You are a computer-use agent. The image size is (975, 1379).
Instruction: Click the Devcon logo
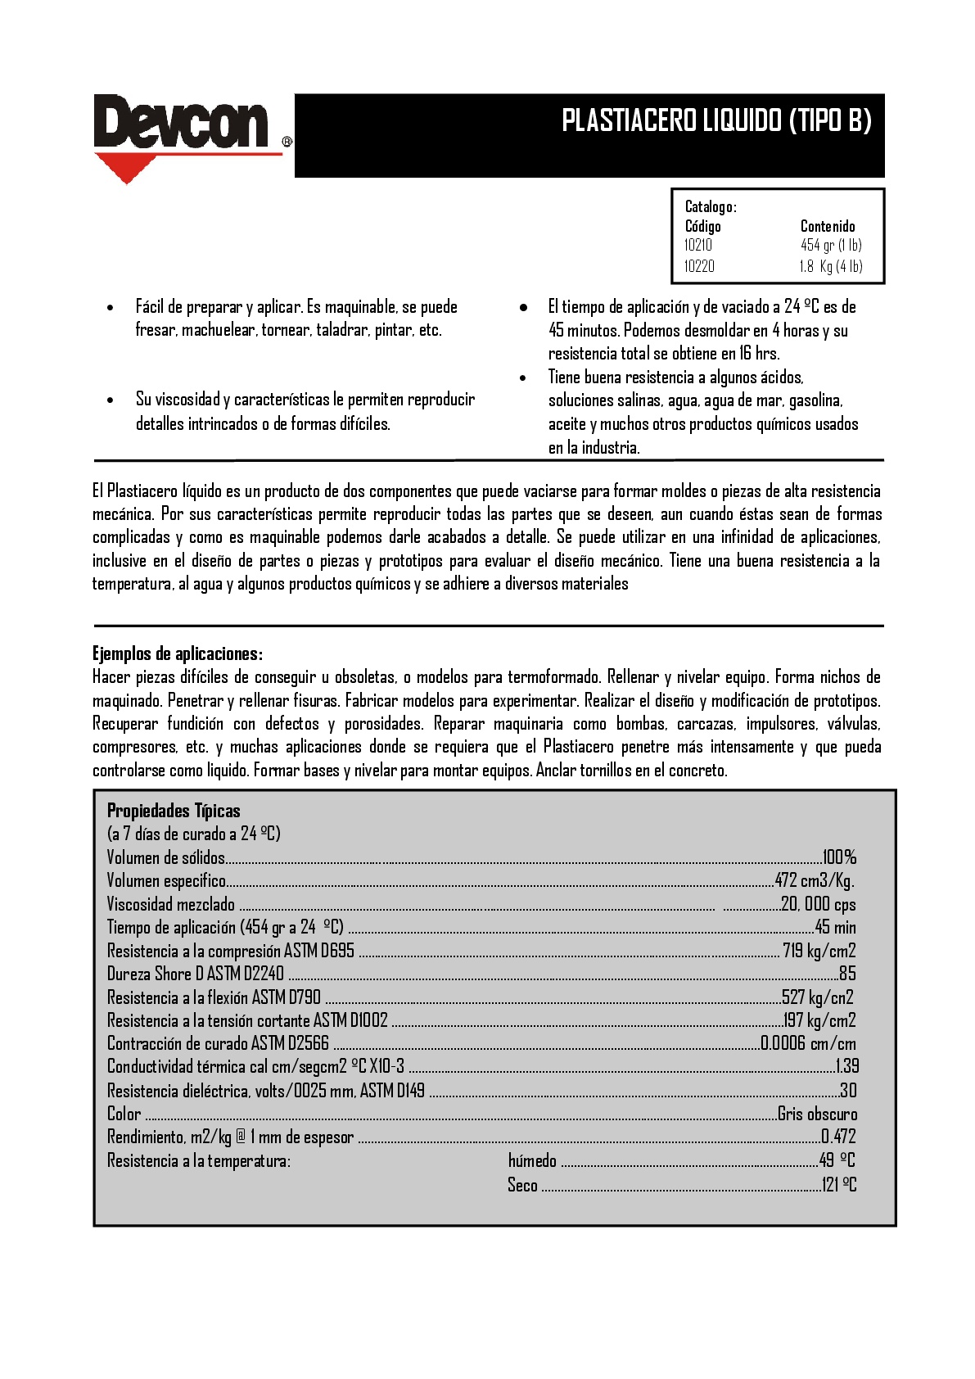[182, 124]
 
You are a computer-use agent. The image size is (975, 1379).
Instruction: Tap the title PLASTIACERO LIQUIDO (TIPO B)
[716, 120]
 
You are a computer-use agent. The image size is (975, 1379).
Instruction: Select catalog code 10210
[698, 245]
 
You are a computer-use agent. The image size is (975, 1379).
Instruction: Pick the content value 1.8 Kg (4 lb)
[831, 266]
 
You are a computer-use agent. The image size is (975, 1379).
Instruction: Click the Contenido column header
[828, 226]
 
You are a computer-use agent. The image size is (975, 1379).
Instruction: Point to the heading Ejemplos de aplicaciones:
[177, 653]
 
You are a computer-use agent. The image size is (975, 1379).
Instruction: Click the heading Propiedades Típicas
[174, 811]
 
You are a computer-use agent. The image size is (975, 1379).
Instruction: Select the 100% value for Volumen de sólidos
[840, 857]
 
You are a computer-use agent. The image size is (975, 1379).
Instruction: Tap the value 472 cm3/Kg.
[815, 881]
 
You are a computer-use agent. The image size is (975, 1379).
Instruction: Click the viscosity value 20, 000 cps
[818, 904]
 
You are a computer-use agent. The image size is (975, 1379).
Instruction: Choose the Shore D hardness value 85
[847, 974]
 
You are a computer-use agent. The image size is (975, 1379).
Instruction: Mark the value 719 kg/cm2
[819, 951]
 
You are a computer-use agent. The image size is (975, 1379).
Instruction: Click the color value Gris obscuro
[817, 1114]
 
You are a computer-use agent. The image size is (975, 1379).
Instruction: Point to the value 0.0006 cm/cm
[808, 1043]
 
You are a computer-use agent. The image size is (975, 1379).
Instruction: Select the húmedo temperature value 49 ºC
[837, 1160]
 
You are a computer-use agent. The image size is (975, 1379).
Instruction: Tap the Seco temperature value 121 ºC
[839, 1184]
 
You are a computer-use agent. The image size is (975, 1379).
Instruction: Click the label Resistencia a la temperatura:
[199, 1160]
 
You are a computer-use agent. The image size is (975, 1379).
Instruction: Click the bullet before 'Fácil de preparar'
[111, 308]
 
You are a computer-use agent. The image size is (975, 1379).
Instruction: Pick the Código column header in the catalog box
[702, 226]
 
